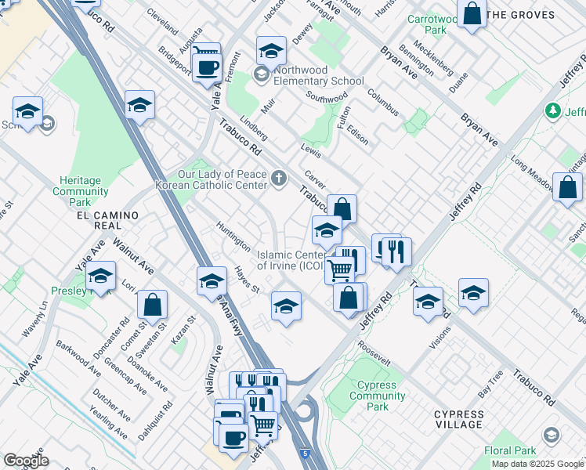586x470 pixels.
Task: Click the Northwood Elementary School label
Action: tap(319, 81)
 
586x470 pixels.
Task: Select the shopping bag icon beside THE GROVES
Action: tap(472, 14)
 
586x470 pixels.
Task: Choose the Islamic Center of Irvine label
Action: tap(290, 260)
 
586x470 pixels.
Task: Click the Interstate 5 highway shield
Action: tap(303, 454)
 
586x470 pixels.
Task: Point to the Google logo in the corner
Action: tap(26, 461)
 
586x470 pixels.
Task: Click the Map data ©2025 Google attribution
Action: tap(537, 464)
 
